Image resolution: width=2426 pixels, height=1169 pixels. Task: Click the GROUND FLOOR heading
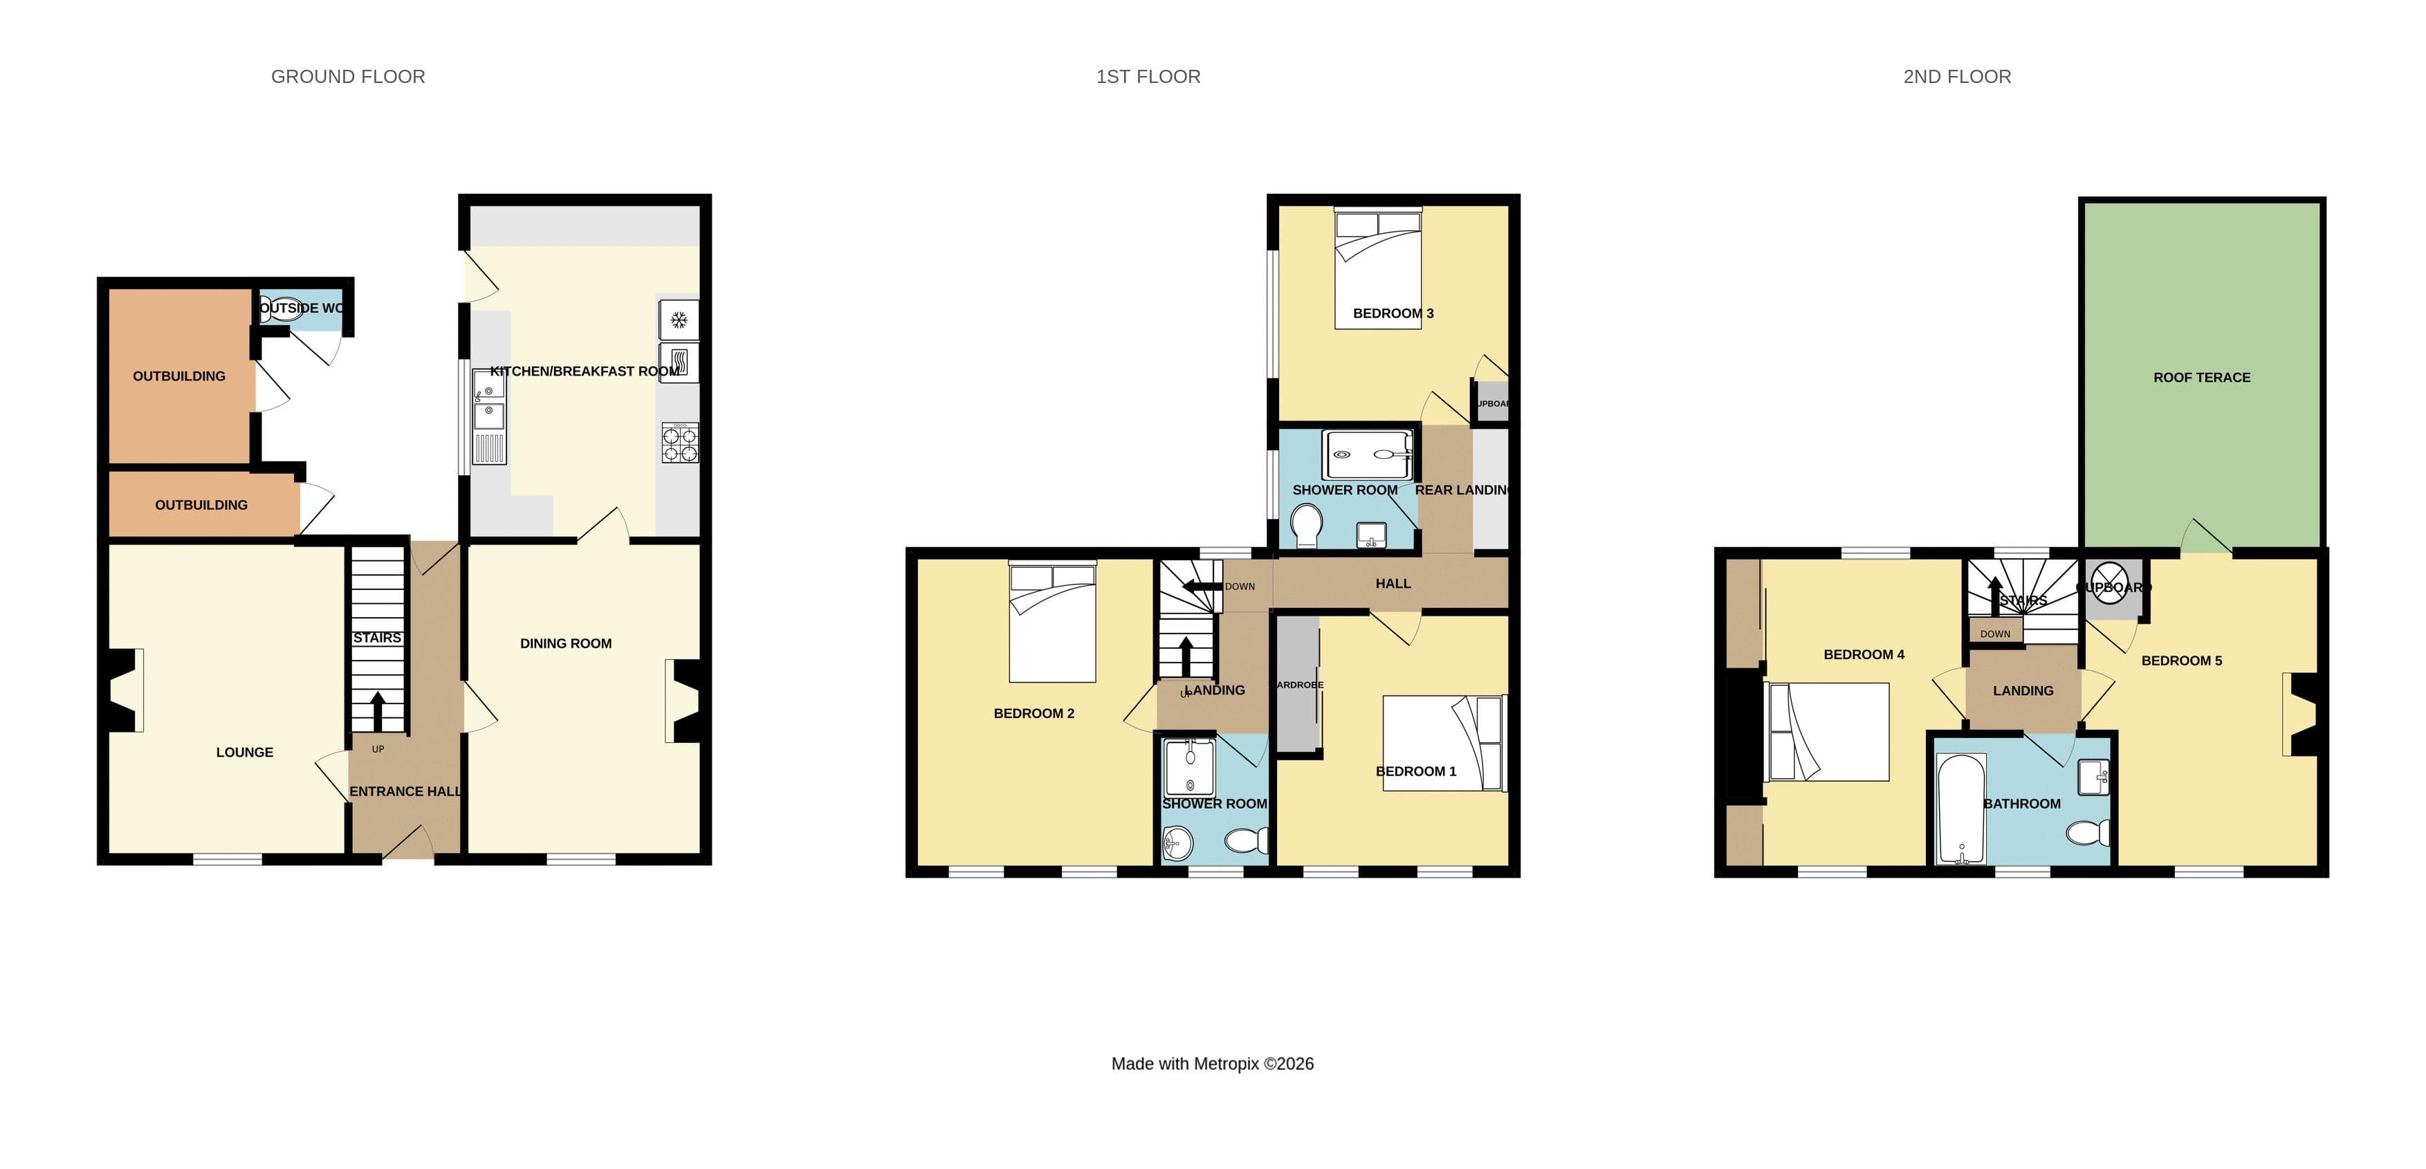(347, 76)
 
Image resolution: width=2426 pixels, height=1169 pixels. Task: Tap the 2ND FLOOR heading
(1956, 76)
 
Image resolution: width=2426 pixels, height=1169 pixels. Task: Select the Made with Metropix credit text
(1211, 1063)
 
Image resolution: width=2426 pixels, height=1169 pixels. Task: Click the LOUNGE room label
(244, 752)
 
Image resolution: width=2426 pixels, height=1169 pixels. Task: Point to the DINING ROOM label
(565, 643)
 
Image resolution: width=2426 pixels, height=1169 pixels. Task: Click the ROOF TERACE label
(2201, 377)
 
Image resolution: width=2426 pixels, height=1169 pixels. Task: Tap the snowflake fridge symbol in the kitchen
(678, 320)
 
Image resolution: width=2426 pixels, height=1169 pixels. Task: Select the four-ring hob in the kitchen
(680, 443)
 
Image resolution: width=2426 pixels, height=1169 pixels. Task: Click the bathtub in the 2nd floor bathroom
(1960, 808)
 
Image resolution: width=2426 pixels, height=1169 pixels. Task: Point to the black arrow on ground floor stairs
(378, 711)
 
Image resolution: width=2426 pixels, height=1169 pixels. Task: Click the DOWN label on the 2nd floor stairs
(1994, 634)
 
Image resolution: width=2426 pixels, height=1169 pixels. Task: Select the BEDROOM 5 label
(2181, 661)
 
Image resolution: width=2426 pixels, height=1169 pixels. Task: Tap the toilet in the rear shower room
(1306, 524)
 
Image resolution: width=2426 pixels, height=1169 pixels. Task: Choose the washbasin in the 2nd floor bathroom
(2093, 777)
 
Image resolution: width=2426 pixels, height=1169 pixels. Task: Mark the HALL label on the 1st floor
(1393, 583)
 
